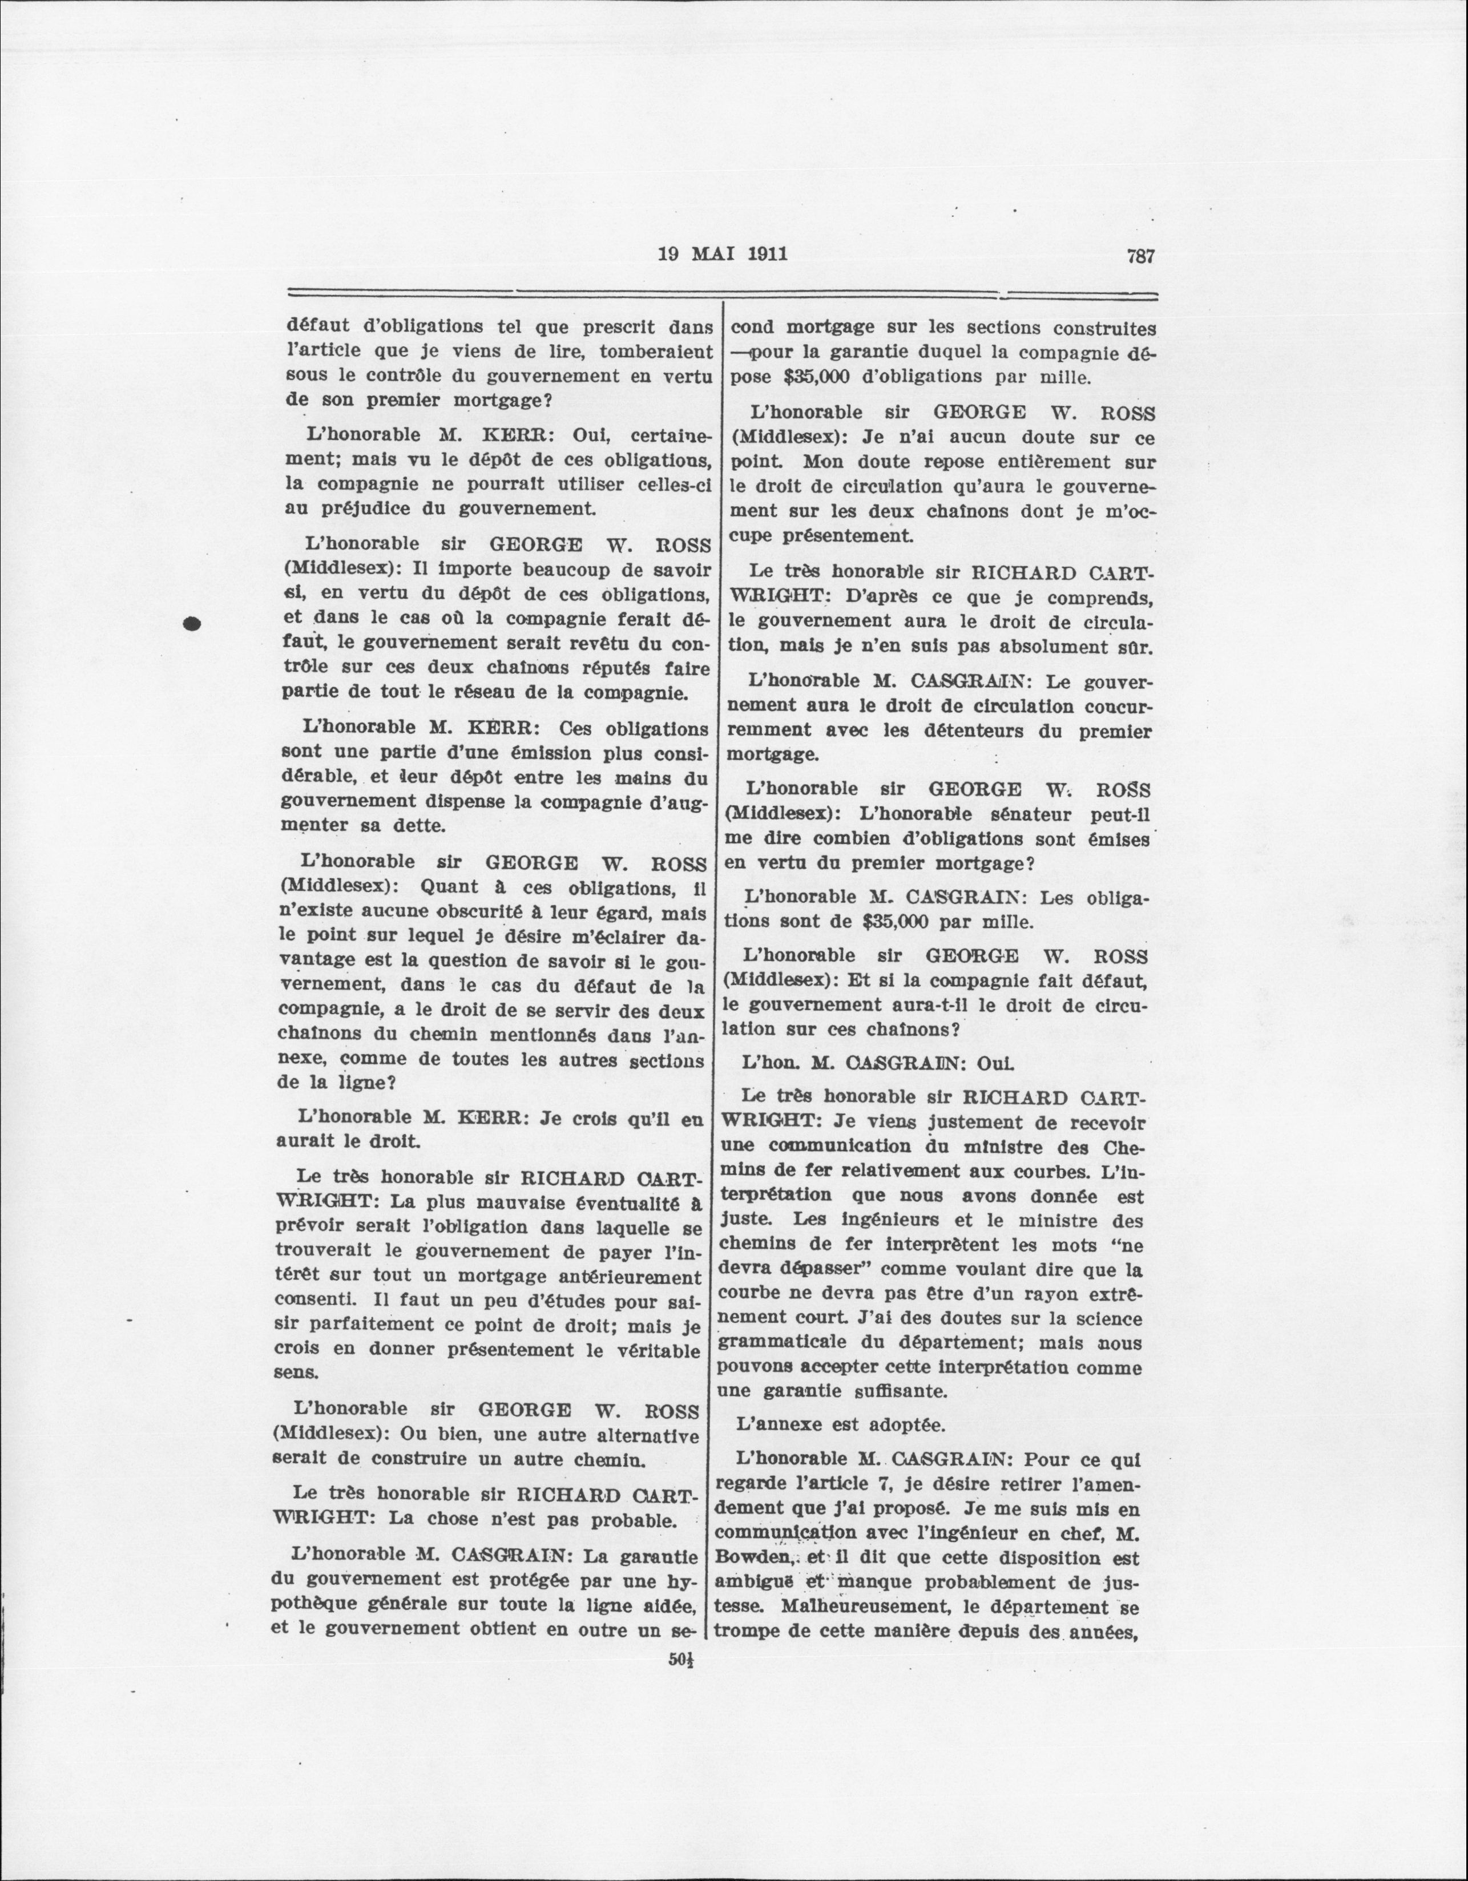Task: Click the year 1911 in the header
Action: click(x=763, y=254)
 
